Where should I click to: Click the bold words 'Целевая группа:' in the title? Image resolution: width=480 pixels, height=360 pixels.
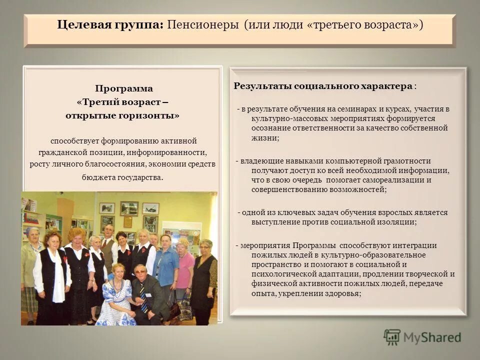pos(110,25)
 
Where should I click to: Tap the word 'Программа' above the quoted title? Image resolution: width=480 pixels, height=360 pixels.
pos(124,88)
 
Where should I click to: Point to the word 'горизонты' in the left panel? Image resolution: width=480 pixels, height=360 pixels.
pos(156,115)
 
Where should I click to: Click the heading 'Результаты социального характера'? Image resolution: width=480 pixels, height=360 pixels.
pos(322,86)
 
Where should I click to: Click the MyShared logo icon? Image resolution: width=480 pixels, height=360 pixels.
pos(392,337)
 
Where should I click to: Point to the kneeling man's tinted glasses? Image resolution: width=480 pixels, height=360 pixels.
pos(140,270)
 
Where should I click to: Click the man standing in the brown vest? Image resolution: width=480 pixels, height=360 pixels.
pos(108,250)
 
